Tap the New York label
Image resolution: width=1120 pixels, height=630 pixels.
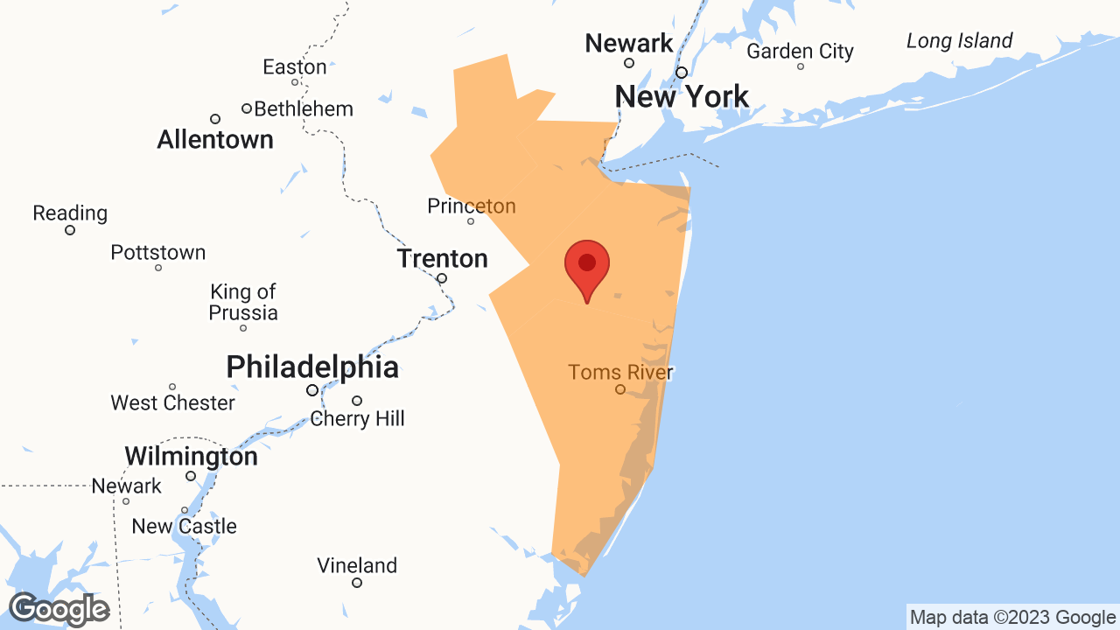pyautogui.click(x=682, y=96)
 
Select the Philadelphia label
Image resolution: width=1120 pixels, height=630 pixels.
pyautogui.click(x=312, y=367)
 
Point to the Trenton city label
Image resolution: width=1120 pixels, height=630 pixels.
pyautogui.click(x=442, y=259)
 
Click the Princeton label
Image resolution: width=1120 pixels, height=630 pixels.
pyautogui.click(x=472, y=206)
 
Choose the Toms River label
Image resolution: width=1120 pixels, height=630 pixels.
pyautogui.click(x=620, y=373)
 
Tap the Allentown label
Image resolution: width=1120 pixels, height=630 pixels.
pyautogui.click(x=215, y=139)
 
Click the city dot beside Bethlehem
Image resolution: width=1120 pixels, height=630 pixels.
pyautogui.click(x=247, y=108)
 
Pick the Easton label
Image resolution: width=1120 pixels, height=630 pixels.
pyautogui.click(x=295, y=66)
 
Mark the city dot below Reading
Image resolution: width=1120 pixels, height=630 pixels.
pyautogui.click(x=70, y=230)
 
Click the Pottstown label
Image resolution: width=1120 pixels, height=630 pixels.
pyautogui.click(x=158, y=253)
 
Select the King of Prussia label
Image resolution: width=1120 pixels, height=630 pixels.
pyautogui.click(x=243, y=302)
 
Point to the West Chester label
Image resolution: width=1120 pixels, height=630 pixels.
pyautogui.click(x=172, y=403)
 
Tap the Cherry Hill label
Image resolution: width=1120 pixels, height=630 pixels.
pyautogui.click(x=358, y=419)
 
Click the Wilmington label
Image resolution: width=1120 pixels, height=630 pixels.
pyautogui.click(x=191, y=457)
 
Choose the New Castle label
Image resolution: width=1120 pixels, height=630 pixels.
pyautogui.click(x=185, y=526)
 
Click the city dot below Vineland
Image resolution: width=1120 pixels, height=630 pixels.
pyautogui.click(x=357, y=583)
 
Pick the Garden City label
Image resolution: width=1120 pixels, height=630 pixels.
pyautogui.click(x=800, y=52)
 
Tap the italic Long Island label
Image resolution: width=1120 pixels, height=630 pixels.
pyautogui.click(x=959, y=41)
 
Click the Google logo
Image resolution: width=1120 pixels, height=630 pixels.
pyautogui.click(x=59, y=609)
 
